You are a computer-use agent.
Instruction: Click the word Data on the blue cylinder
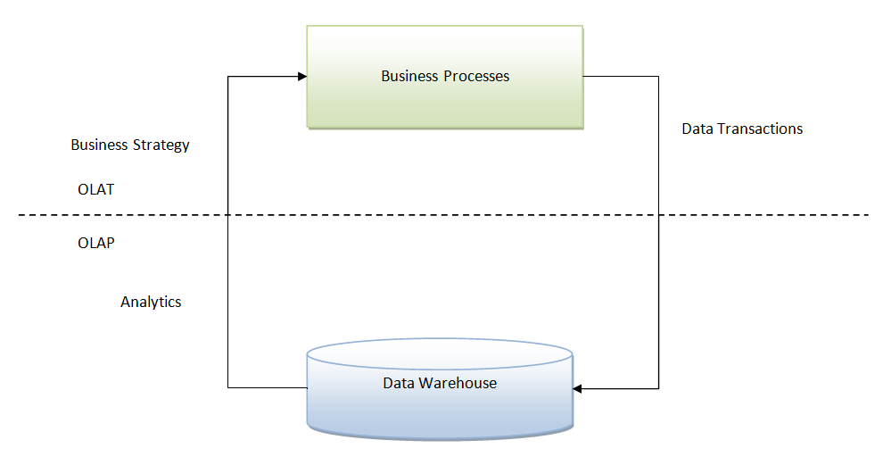[398, 383]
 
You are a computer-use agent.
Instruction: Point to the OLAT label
[95, 190]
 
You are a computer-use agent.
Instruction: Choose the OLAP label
[95, 243]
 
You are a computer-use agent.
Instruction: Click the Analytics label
[151, 303]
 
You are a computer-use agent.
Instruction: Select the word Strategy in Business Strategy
[161, 145]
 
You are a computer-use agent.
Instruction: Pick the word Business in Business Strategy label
[100, 145]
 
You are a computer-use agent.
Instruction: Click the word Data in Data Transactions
[697, 129]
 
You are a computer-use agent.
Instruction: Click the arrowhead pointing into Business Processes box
[301, 77]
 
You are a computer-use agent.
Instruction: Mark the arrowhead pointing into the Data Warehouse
[577, 388]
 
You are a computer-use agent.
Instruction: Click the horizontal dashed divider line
[446, 215]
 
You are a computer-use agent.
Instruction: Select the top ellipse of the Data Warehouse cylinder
[439, 353]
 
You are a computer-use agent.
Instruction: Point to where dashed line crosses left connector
[228, 215]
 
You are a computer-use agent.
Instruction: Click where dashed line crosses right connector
[659, 215]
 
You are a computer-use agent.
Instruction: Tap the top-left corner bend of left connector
[228, 77]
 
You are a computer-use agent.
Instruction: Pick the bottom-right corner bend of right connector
[659, 388]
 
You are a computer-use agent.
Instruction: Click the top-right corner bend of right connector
[659, 77]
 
